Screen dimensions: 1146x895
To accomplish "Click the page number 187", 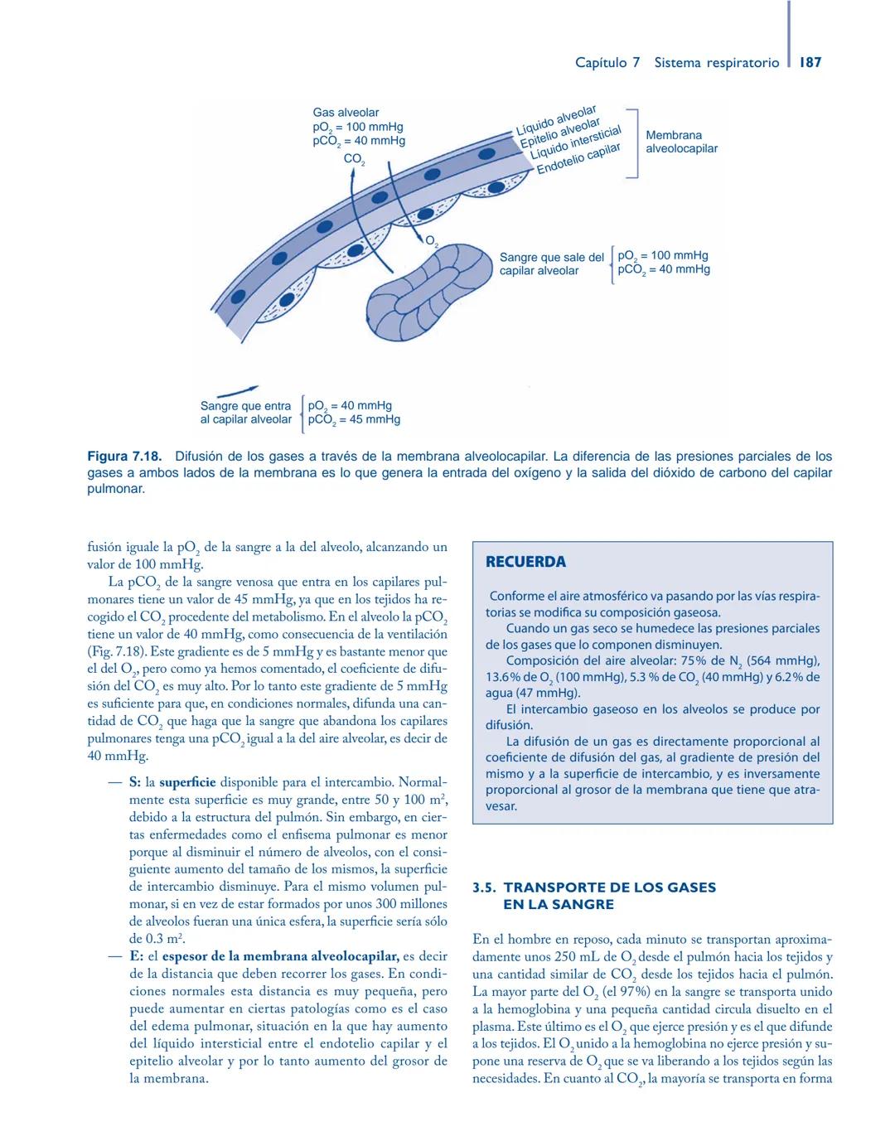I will click(810, 62).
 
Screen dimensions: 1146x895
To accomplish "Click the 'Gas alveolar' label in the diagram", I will click(346, 113).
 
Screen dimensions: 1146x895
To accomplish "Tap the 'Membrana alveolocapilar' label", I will click(680, 142).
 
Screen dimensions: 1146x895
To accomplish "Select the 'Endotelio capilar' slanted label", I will click(578, 159).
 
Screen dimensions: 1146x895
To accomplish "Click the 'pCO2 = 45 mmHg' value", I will click(354, 419).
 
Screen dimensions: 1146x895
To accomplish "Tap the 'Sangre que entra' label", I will click(245, 406).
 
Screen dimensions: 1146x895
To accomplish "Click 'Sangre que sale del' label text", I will click(551, 258).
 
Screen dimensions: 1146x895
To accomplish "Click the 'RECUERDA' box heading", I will click(525, 562).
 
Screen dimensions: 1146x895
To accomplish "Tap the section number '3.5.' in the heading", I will click(484, 887).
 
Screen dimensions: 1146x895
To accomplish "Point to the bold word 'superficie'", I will click(187, 782).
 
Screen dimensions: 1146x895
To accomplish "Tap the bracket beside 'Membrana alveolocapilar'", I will click(633, 143).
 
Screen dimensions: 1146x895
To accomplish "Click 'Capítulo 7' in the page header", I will click(607, 62).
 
